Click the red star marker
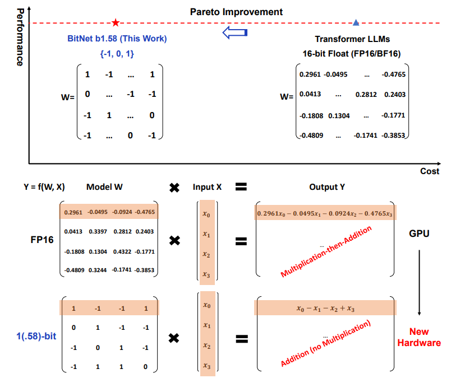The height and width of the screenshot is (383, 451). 116,23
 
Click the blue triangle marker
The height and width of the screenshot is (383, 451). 357,23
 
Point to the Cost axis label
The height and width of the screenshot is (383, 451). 430,171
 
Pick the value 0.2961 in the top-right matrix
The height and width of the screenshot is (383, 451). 310,74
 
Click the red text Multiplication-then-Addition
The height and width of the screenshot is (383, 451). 326,251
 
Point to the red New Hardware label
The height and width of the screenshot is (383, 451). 420,338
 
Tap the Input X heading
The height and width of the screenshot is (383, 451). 207,187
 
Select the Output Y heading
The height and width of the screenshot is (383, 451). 326,187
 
